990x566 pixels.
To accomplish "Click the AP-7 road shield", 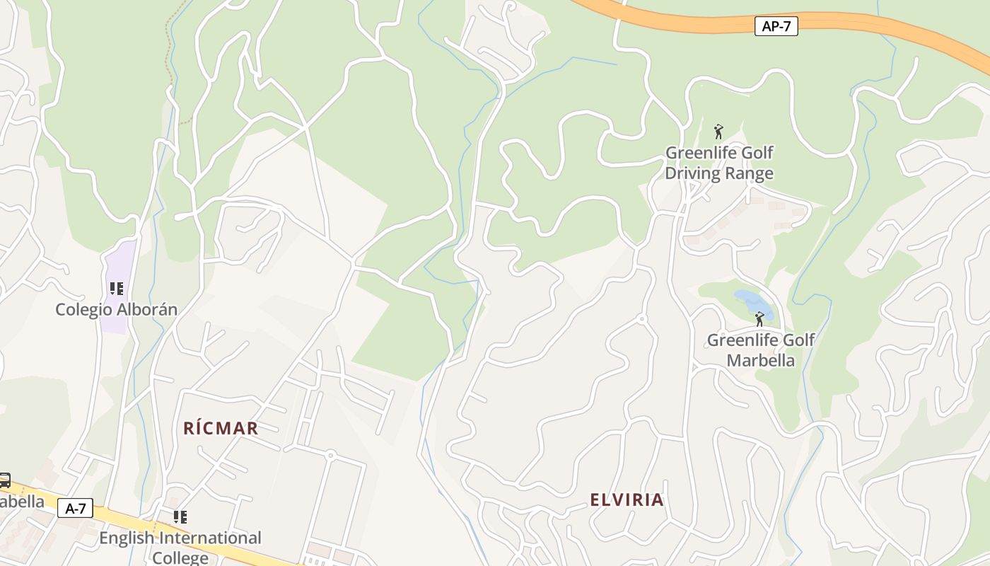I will coord(776,27).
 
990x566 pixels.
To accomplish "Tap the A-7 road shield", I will coord(75,508).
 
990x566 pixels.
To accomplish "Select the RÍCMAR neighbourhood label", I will coord(221,428).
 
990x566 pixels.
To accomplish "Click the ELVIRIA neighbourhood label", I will coord(627,500).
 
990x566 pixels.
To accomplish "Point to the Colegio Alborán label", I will coord(116,309).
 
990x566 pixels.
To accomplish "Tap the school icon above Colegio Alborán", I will coord(117,289).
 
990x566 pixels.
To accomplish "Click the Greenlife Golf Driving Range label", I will coord(719,163).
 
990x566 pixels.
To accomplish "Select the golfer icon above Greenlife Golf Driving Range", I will coord(718,132).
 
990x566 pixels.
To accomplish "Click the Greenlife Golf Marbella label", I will coord(761,350).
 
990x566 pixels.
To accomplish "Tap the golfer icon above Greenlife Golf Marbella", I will coord(759,319).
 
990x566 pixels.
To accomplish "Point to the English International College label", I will coord(180,547).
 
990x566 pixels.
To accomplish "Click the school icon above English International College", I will coord(180,517).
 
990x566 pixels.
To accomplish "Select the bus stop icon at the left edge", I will coord(4,480).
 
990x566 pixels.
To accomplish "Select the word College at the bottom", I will coord(180,558).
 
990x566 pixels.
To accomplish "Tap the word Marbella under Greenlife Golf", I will coord(761,361).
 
